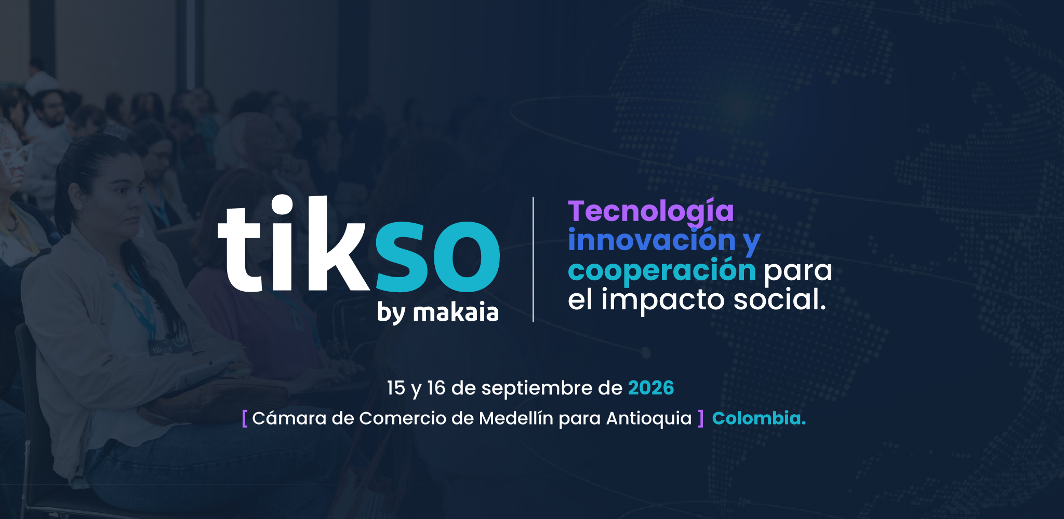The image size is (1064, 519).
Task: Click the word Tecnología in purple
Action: coord(650,212)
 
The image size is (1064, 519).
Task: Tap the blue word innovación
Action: coord(652,240)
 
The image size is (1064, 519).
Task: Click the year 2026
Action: coord(651,388)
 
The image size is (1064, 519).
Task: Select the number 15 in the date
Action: coord(396,388)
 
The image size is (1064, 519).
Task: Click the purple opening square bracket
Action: coord(245,418)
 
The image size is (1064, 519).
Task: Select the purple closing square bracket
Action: coord(701,418)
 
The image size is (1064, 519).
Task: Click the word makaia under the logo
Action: coord(456,312)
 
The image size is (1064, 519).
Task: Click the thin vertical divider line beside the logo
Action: coord(533,259)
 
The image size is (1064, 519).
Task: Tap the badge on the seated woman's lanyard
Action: coord(161,349)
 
